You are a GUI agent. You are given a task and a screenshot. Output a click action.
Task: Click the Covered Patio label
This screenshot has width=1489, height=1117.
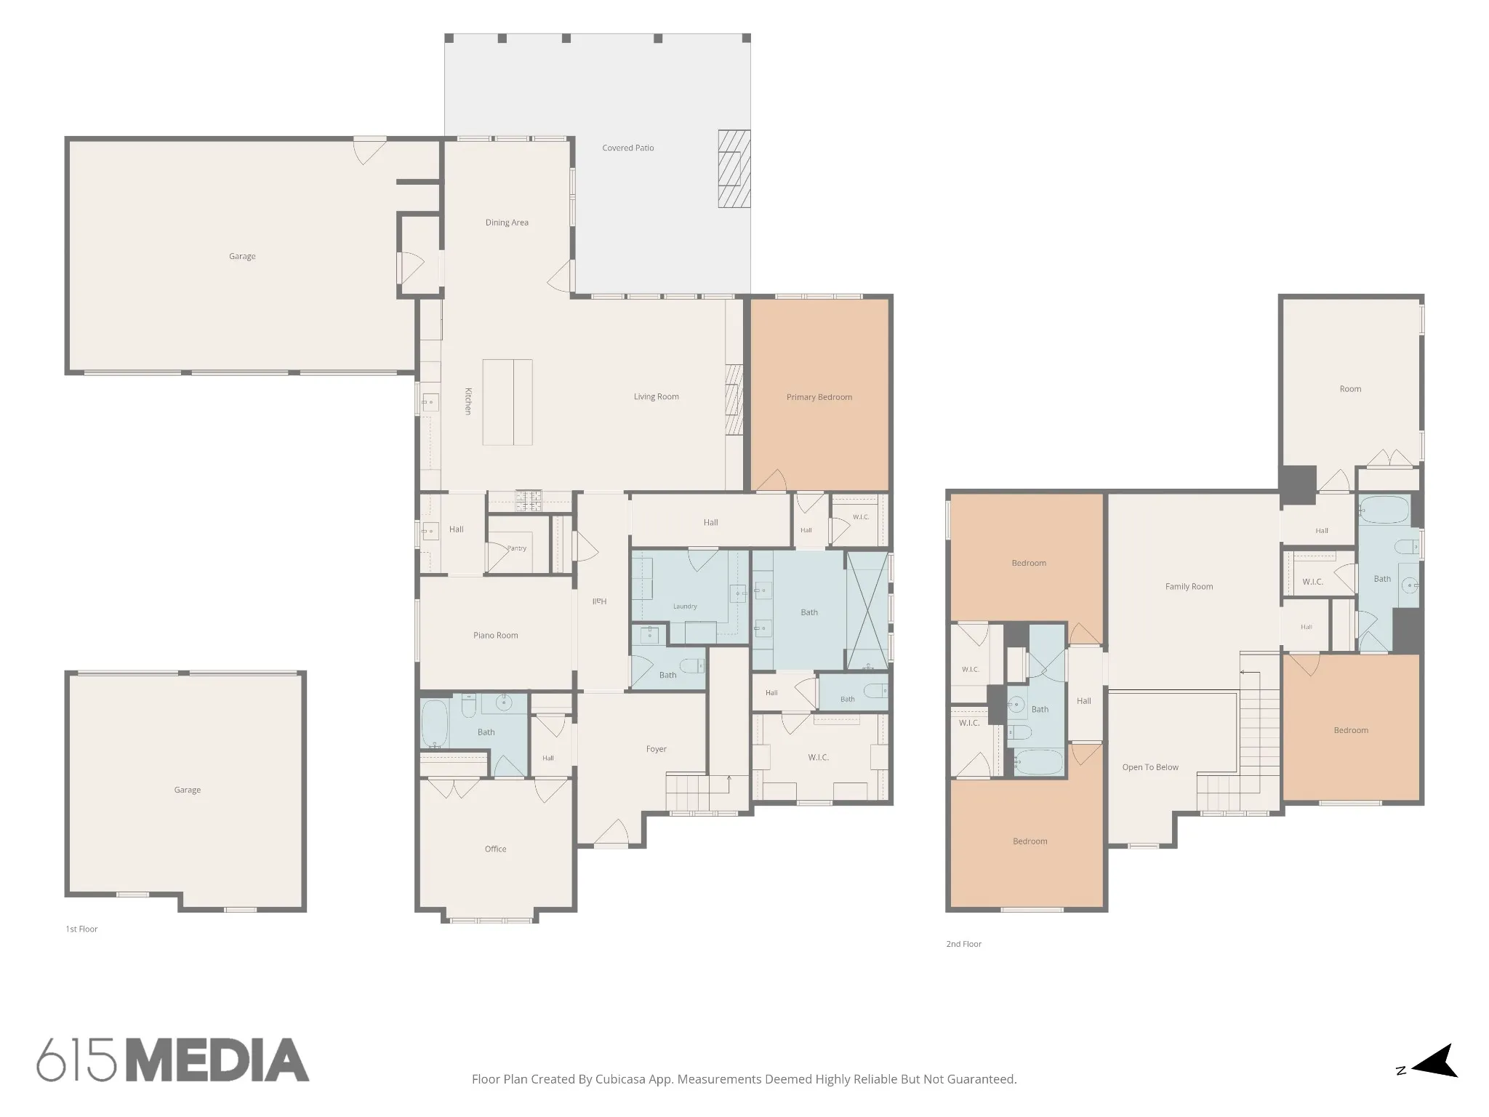628,148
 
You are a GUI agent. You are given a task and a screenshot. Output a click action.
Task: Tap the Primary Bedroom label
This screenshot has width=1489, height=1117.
819,397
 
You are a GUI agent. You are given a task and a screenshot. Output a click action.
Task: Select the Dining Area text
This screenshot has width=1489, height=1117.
507,223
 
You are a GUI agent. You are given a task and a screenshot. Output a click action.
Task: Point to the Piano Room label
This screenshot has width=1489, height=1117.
496,636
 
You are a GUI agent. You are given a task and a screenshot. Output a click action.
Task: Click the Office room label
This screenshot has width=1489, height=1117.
496,849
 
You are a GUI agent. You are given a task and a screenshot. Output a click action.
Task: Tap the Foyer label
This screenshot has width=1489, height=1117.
657,749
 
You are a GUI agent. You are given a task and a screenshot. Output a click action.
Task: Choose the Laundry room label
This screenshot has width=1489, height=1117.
685,606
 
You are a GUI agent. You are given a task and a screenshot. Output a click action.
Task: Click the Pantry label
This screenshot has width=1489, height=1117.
517,548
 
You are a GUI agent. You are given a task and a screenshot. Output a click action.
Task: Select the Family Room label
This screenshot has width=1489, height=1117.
1189,587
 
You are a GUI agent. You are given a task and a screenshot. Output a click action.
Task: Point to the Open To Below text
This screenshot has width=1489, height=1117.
1150,767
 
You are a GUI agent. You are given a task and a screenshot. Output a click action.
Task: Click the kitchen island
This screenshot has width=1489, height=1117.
507,402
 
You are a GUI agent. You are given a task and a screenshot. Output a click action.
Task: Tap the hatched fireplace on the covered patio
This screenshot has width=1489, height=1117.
734,169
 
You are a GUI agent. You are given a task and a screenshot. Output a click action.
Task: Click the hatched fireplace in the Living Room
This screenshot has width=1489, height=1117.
734,400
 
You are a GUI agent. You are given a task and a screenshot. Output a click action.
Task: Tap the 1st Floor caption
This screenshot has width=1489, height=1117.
81,929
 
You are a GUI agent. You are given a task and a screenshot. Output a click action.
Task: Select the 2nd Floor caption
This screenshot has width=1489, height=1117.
964,944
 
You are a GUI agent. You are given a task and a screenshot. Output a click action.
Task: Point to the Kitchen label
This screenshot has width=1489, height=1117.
468,401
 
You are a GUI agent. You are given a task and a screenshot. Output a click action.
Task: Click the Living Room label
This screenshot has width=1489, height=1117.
657,397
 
